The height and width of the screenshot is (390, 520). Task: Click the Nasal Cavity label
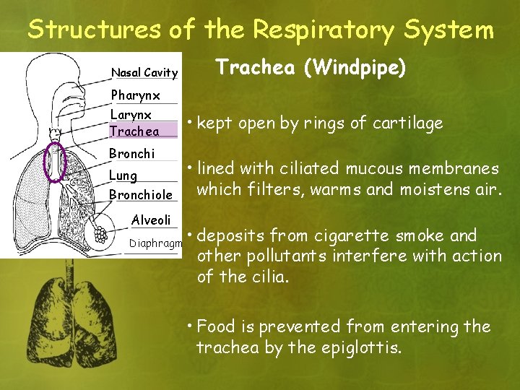coord(144,72)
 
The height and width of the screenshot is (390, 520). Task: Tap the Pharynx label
coord(135,95)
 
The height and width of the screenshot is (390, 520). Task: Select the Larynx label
coord(131,115)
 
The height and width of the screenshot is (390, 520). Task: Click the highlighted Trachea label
coord(134,131)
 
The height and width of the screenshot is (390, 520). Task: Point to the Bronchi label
coord(131,154)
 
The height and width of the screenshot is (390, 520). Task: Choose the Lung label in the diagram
coord(123,175)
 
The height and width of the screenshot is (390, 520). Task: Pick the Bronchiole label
coord(140,195)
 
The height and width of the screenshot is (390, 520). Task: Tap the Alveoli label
coord(151,220)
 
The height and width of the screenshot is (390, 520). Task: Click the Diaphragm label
coord(155,243)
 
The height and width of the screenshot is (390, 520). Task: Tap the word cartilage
coord(407,123)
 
